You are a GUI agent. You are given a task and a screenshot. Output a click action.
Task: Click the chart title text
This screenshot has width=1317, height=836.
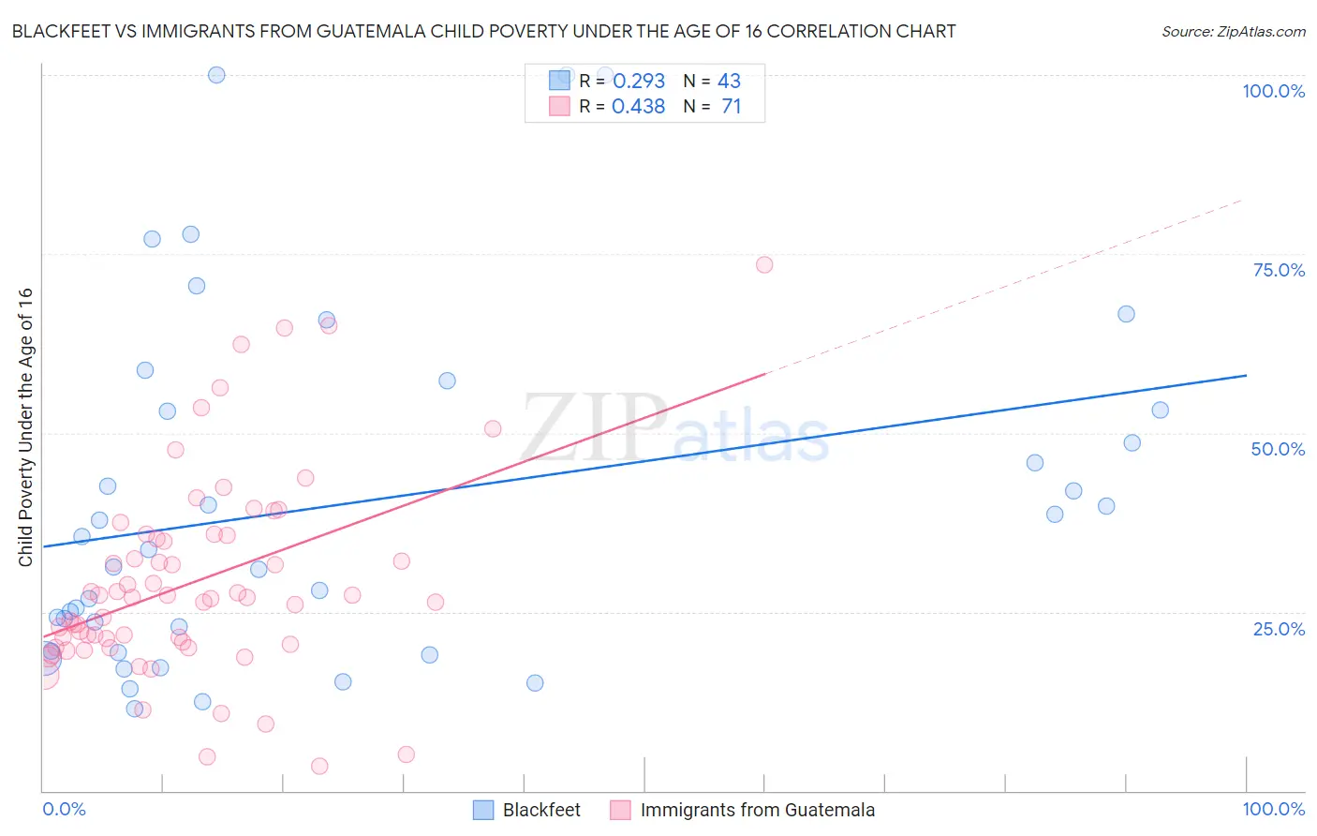click(483, 31)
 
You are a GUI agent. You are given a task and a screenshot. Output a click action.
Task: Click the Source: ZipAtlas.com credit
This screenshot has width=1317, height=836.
click(1233, 31)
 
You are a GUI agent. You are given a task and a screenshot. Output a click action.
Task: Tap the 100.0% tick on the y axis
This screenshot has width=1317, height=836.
click(1273, 91)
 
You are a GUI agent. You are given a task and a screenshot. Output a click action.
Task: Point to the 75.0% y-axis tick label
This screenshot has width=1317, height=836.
click(1279, 270)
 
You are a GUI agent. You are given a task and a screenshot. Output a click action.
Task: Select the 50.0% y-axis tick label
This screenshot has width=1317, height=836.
click(1278, 449)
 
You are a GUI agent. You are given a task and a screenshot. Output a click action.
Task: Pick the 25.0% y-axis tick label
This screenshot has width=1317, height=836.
click(1279, 628)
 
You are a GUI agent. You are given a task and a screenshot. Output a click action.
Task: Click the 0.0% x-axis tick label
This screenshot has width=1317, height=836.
click(64, 809)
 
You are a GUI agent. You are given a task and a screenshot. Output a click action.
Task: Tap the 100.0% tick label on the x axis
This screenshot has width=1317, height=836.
click(1273, 809)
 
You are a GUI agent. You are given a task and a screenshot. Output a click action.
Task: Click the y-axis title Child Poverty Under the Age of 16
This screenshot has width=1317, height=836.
click(25, 426)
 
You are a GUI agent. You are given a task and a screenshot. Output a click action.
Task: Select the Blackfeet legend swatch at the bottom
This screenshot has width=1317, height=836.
click(483, 810)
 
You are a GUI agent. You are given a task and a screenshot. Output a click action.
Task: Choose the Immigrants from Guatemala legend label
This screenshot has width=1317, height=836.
click(757, 810)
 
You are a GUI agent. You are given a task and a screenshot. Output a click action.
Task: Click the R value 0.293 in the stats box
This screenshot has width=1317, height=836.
click(639, 82)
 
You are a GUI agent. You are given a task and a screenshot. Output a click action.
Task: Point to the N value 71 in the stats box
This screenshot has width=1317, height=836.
click(731, 107)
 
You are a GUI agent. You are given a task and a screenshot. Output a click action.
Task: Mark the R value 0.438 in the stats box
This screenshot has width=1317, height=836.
click(639, 107)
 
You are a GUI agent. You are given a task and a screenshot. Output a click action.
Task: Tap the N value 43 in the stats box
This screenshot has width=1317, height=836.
click(729, 82)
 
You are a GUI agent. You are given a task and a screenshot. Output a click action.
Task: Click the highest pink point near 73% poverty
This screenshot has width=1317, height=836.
click(764, 264)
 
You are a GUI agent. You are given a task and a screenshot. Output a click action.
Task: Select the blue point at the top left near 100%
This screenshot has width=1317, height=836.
click(216, 75)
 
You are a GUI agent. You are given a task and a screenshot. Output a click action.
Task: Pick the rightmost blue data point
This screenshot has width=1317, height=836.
click(1160, 410)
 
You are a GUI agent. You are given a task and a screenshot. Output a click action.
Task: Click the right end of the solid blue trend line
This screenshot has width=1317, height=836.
click(1246, 375)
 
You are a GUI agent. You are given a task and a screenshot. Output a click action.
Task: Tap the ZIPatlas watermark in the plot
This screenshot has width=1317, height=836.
click(674, 429)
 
